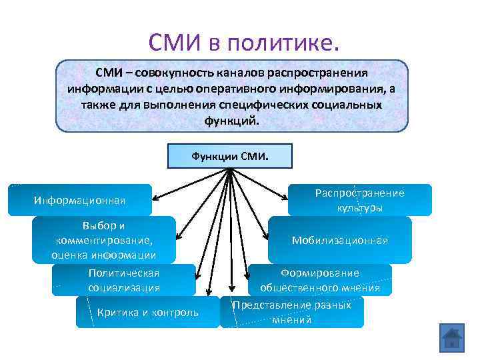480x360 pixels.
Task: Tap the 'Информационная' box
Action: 79,200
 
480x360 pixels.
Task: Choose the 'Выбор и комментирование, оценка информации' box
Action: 104,240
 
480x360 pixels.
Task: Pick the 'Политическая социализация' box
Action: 124,280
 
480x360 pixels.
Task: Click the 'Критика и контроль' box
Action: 147,311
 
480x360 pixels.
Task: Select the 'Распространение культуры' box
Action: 360,200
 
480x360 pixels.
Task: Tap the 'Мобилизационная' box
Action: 340,240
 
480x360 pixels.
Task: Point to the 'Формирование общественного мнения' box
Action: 320,280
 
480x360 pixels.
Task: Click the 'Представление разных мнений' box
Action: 292,312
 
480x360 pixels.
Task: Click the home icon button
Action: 451,339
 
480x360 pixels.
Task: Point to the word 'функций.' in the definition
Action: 231,122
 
